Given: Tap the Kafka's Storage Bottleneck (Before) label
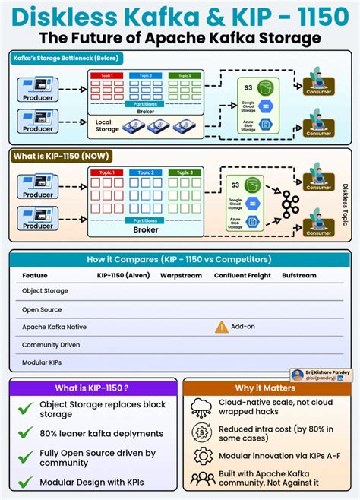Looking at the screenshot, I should coord(57,59).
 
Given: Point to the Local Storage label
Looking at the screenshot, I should coord(108,125).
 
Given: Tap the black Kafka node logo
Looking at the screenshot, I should coord(289,203).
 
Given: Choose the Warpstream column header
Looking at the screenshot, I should coord(180,275).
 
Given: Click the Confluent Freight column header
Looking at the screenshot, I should coord(242,275).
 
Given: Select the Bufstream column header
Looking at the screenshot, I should coord(299,275).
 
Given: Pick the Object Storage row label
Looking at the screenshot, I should coord(45,290).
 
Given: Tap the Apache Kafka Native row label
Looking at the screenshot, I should coord(54,327).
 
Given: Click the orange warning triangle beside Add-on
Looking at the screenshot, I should coord(221,327).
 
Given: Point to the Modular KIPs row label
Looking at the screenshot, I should coord(42,362).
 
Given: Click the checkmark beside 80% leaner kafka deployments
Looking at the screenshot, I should coord(27,433).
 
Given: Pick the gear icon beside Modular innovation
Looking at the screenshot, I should coord(202,454).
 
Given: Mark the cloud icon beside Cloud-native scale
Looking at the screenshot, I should coord(202,408).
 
